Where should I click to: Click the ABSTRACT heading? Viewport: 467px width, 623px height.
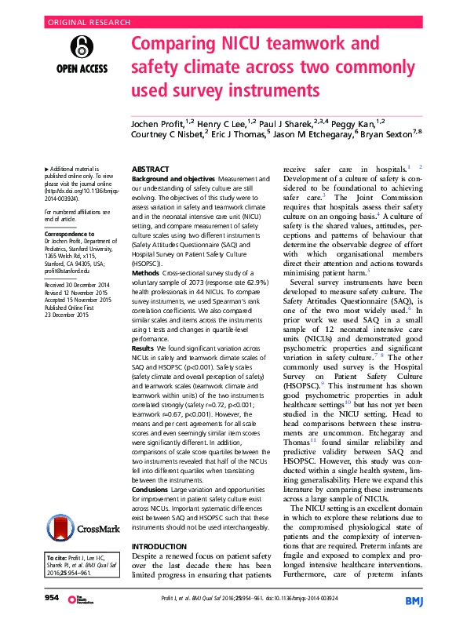click(x=150, y=169)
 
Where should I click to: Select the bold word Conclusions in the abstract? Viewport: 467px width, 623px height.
click(x=152, y=490)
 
